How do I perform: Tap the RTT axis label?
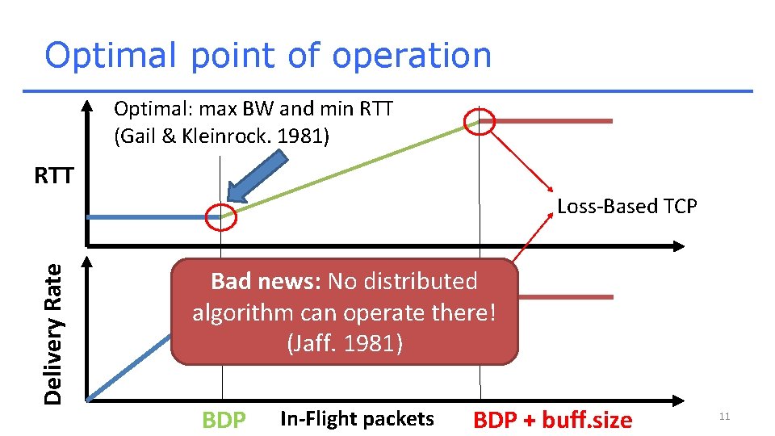point(54,176)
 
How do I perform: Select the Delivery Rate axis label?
point(54,334)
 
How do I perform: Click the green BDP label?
point(224,421)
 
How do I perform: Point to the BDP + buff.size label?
point(553,421)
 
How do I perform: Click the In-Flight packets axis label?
point(357,419)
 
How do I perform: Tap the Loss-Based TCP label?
point(626,207)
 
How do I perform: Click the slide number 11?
point(724,417)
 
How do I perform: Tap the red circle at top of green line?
point(479,122)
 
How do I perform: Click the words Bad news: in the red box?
point(265,282)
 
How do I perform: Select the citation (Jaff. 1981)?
point(345,343)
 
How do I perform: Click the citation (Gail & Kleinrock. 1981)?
point(222,136)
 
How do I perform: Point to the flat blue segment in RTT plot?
point(149,216)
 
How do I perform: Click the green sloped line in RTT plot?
point(355,167)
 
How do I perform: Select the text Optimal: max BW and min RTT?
point(253,109)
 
